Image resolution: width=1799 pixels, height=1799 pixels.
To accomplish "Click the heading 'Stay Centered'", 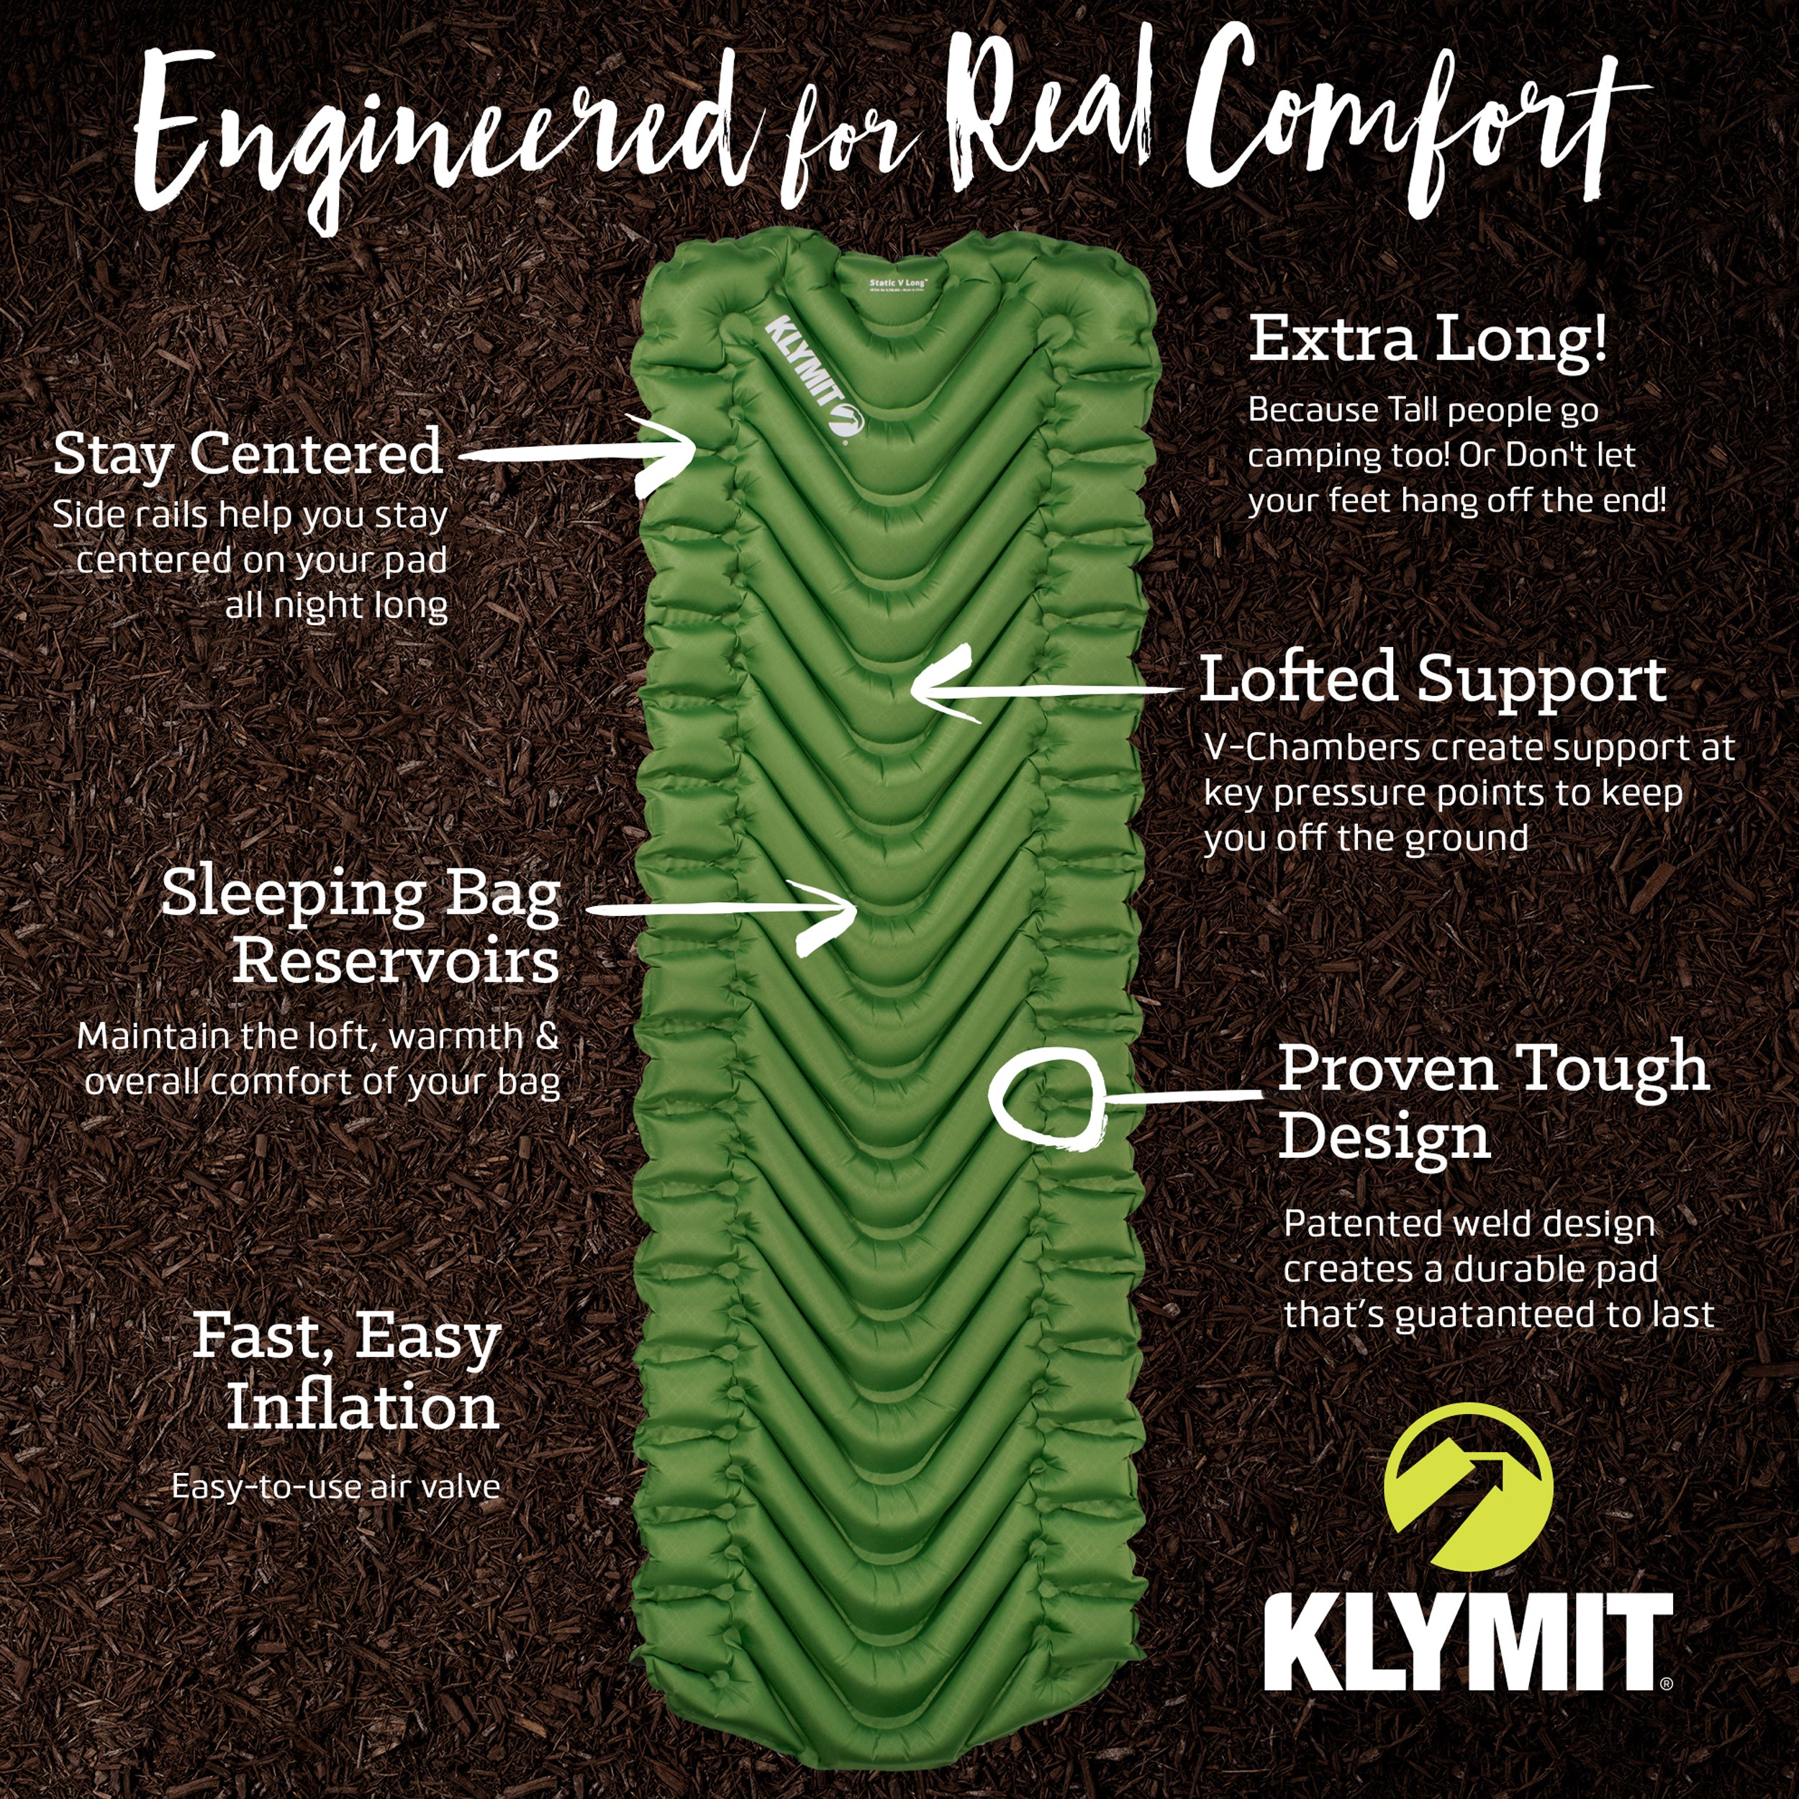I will (x=247, y=454).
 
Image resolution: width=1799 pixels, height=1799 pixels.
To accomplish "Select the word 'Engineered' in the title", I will (x=438, y=140).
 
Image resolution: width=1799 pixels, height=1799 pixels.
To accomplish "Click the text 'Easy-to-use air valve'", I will (x=335, y=1486).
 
